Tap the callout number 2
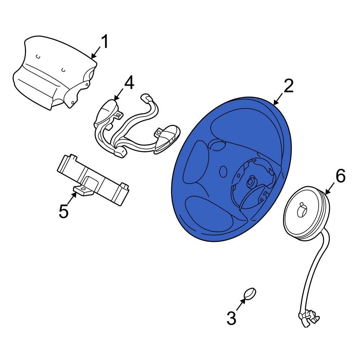[x=289, y=86]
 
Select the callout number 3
[x=231, y=318]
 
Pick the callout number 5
[x=64, y=211]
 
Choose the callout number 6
[x=341, y=176]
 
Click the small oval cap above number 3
[x=249, y=294]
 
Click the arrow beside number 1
[x=96, y=53]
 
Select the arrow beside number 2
[x=279, y=99]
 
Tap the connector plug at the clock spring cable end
[x=308, y=317]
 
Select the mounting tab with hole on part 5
[x=84, y=190]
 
